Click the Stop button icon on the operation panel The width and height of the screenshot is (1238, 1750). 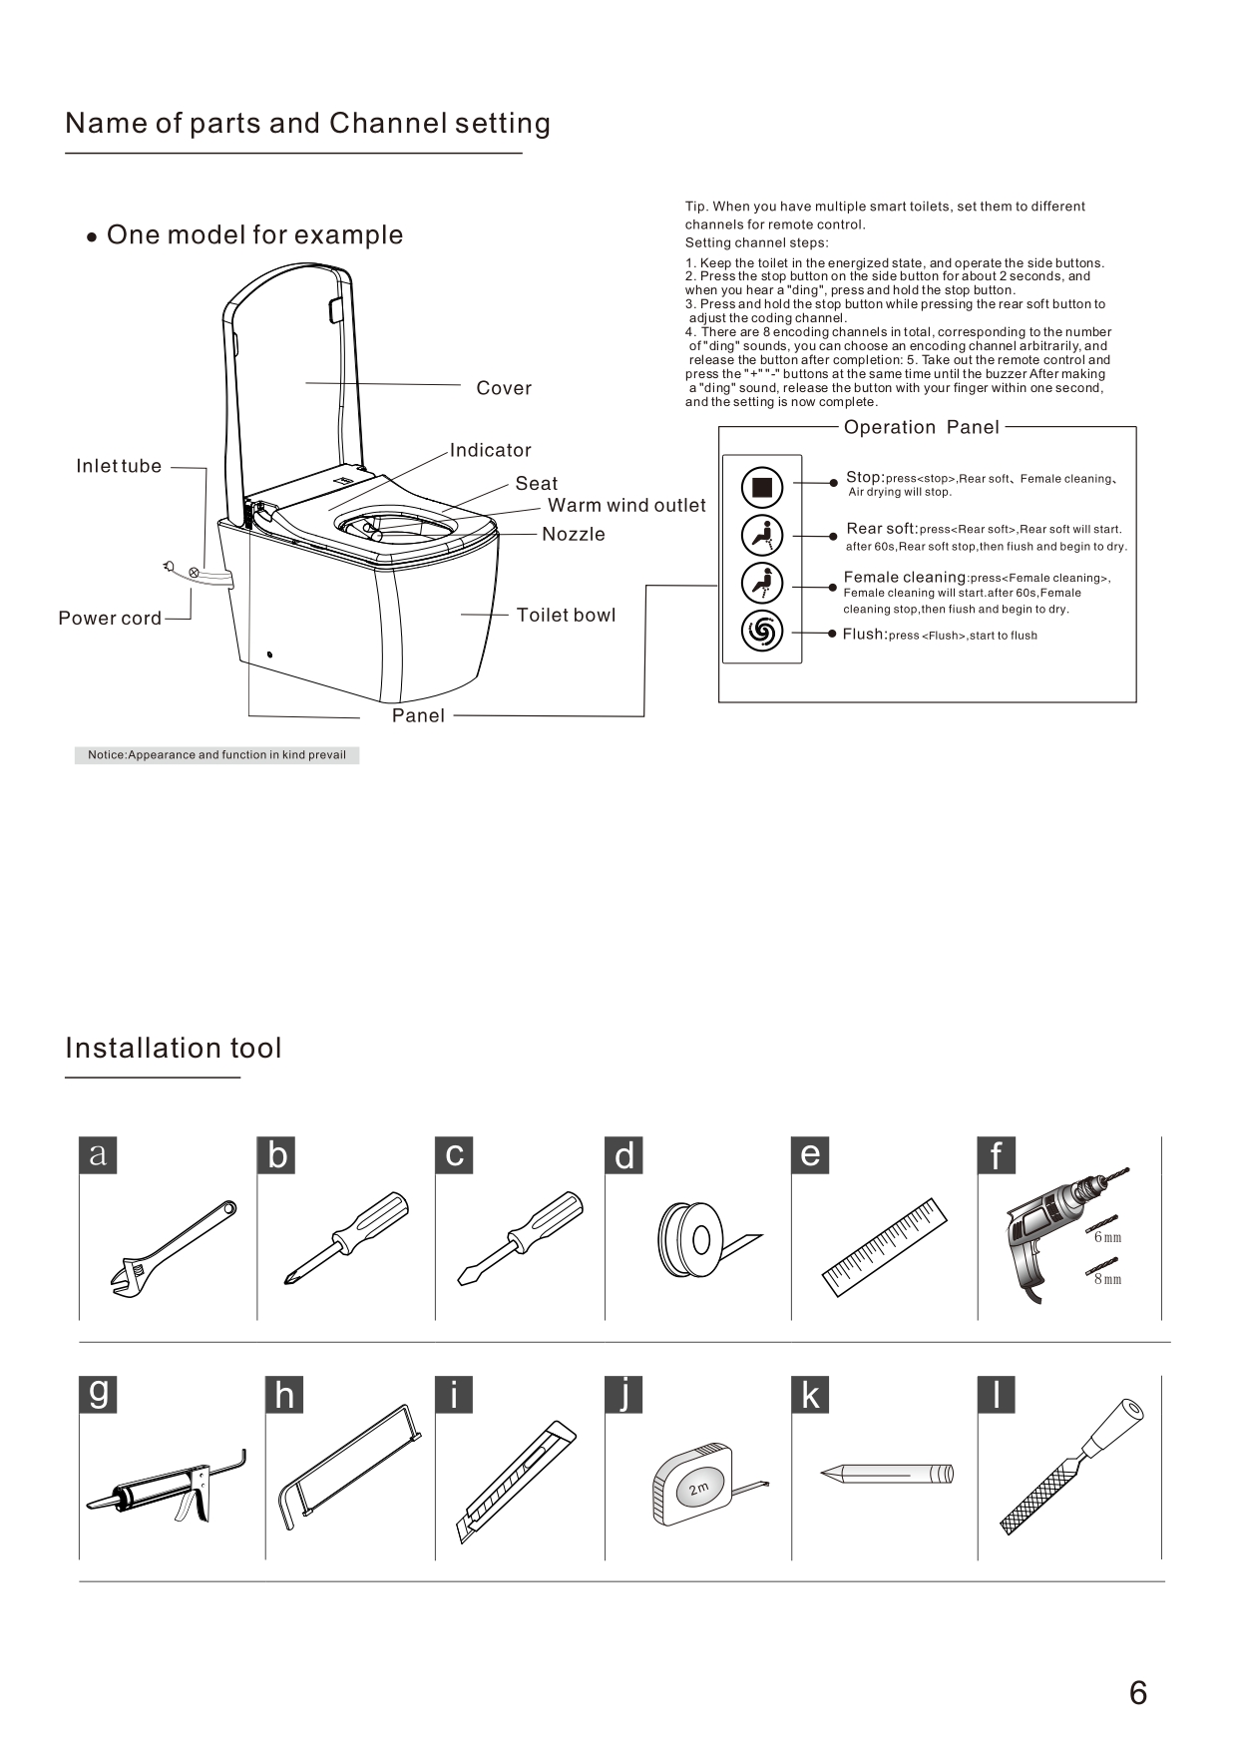pos(762,487)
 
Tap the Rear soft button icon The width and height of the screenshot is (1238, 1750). pos(762,536)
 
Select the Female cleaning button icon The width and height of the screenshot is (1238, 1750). pos(762,583)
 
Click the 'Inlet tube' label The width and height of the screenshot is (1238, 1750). pos(119,466)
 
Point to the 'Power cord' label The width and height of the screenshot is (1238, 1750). pos(110,619)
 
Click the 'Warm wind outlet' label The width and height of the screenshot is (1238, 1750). pos(626,506)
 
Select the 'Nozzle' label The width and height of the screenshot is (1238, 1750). pos(574,535)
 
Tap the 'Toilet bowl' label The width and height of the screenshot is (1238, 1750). pos(566,616)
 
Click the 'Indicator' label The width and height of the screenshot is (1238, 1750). pos(490,451)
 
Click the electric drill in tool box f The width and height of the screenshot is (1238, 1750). pos(1051,1232)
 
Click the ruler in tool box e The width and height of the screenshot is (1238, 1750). pos(885,1247)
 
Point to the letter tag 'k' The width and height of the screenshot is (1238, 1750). pos(810,1395)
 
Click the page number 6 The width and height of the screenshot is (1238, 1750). pos(1138,1693)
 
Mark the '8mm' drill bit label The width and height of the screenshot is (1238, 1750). pos(1107,1279)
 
